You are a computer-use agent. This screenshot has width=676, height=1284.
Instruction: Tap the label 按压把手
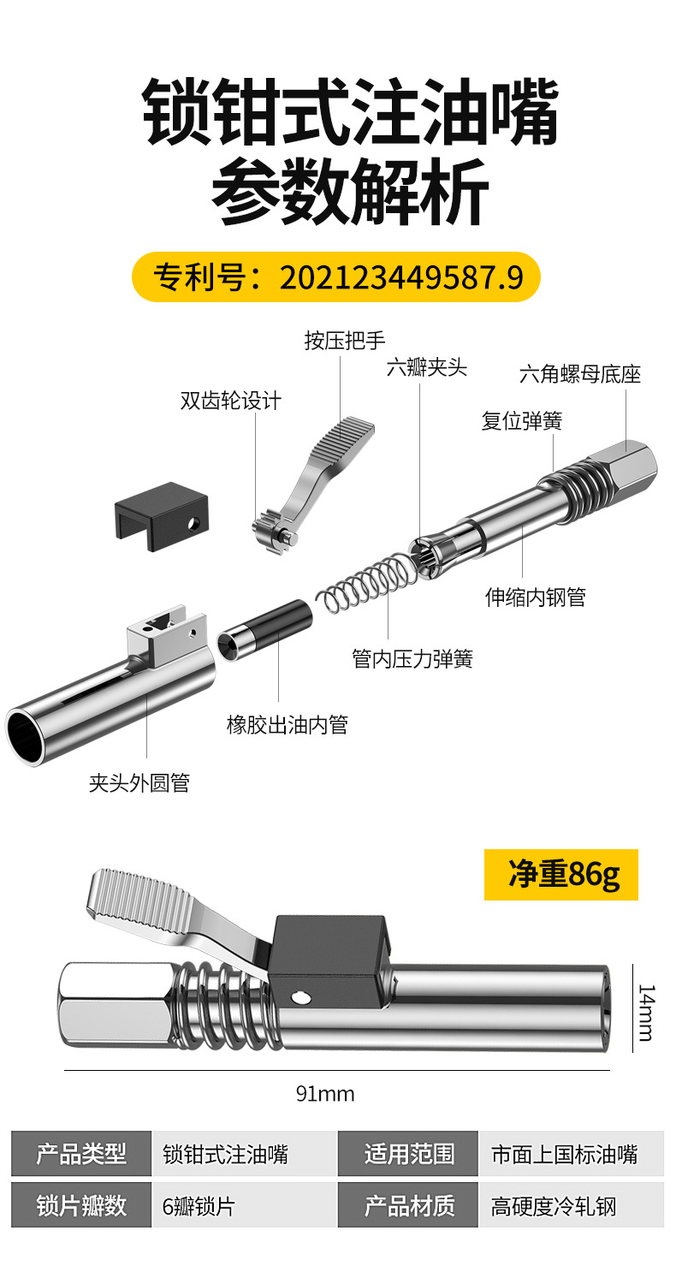(345, 342)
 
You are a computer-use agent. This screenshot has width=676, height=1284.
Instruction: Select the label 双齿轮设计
(230, 401)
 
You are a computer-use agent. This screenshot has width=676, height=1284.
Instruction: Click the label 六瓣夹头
(426, 369)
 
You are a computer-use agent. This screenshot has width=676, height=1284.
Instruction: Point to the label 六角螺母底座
(579, 374)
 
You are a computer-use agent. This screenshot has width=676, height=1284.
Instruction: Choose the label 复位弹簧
(521, 421)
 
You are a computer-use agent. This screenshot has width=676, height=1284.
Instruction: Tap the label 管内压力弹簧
(412, 658)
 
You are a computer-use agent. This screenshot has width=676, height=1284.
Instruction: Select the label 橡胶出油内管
(287, 725)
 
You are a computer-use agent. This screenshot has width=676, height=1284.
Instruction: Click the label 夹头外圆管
(139, 782)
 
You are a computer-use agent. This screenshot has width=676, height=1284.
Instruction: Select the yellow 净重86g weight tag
(560, 874)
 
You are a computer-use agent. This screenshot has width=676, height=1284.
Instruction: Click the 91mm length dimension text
(324, 1094)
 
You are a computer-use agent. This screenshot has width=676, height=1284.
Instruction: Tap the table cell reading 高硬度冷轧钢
(553, 1207)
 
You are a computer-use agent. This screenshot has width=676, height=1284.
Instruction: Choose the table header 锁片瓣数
(81, 1205)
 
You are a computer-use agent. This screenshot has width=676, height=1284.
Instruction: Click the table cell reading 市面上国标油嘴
(564, 1155)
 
